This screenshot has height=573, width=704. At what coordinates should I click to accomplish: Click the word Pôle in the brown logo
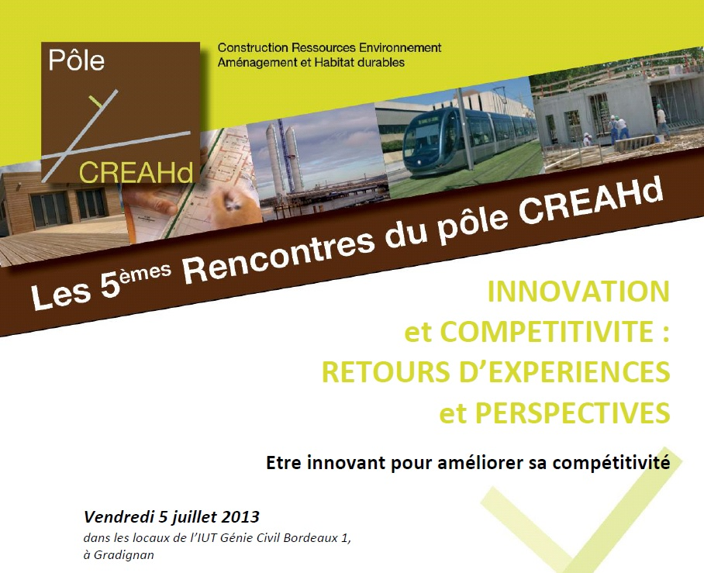click(x=76, y=60)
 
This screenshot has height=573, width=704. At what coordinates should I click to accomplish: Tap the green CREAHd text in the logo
click(x=136, y=172)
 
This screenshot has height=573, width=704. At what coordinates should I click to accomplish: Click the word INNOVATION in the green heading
click(x=578, y=292)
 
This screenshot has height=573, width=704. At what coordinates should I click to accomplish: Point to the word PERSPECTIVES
click(x=572, y=412)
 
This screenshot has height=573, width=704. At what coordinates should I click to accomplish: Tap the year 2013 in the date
click(x=242, y=517)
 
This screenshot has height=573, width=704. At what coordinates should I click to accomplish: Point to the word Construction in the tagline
click(x=252, y=47)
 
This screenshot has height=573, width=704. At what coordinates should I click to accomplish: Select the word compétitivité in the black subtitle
click(x=611, y=463)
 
